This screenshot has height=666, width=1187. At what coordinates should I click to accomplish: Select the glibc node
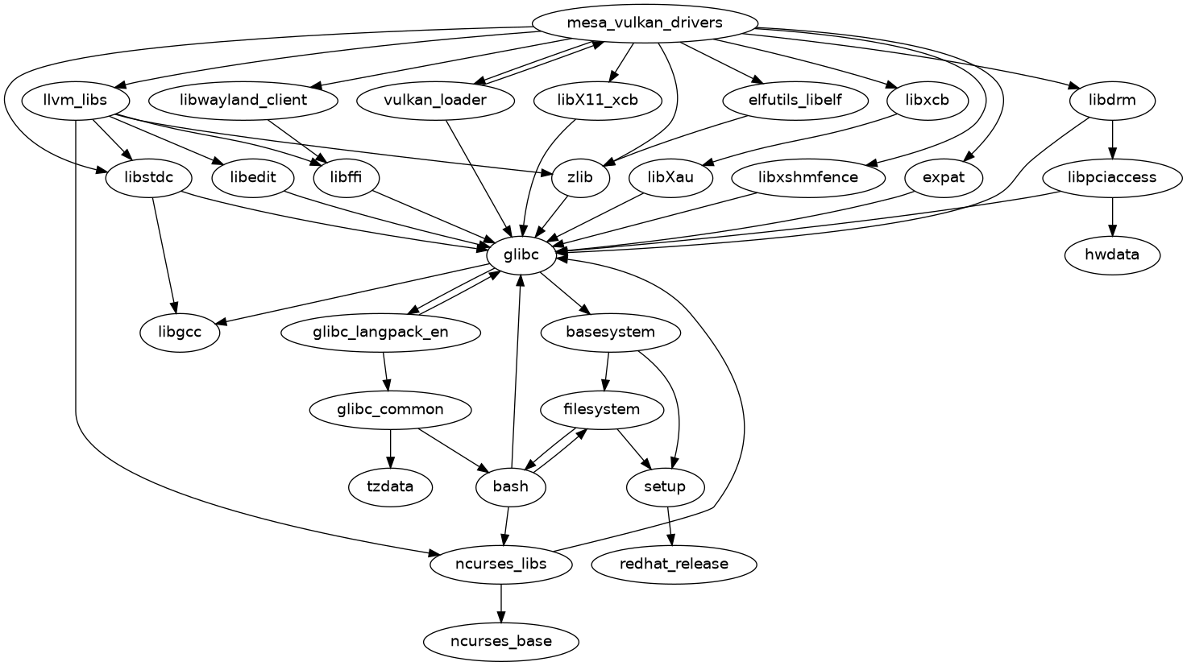tap(521, 255)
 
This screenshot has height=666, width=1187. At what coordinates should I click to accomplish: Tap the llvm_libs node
tap(75, 101)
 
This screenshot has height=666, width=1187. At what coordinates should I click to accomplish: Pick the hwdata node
tap(1112, 255)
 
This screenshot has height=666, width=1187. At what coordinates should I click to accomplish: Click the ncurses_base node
tap(501, 642)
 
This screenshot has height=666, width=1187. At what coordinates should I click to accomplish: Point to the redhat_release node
tap(674, 564)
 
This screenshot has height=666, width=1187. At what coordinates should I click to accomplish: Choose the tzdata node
tap(391, 487)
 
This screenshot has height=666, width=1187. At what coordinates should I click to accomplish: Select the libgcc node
tap(180, 333)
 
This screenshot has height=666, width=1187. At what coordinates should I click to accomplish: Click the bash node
tap(510, 487)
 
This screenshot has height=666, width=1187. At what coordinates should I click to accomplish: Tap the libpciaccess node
tap(1112, 178)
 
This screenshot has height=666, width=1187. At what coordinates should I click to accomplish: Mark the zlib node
tap(580, 178)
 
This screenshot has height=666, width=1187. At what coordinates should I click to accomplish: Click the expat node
tap(943, 178)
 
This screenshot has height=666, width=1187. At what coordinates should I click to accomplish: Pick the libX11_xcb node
tap(598, 101)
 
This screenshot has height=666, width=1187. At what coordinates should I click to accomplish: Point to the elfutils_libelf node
tap(795, 101)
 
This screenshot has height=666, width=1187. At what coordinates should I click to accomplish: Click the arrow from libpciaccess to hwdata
tap(1112, 217)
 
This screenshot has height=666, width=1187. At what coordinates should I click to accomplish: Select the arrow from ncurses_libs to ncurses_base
tap(501, 603)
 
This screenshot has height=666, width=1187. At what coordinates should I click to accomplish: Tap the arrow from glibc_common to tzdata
tap(391, 449)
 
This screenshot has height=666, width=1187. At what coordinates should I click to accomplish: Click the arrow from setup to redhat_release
tap(670, 526)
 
